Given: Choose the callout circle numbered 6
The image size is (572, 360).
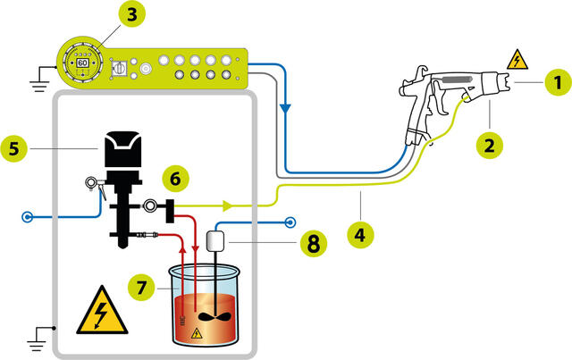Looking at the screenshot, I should coord(176,178).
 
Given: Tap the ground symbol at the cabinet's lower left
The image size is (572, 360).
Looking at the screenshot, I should coord(35,337).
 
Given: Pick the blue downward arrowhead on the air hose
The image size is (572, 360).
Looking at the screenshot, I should coord(284,106).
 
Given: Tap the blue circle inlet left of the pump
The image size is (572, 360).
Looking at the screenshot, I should coord(29,216).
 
